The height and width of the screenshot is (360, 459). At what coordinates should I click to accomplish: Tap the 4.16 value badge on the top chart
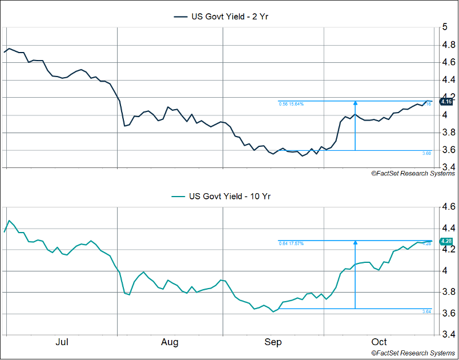pos(446,102)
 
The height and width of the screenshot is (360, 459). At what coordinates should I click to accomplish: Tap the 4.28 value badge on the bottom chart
pos(446,241)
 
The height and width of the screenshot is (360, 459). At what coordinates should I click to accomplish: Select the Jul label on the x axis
pos(62,342)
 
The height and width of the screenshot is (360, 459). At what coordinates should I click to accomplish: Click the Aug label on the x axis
pos(170,342)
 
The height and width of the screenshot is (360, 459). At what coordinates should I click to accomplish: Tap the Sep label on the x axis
pos(273,342)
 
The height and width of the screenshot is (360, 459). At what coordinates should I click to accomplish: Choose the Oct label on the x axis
pos(379,342)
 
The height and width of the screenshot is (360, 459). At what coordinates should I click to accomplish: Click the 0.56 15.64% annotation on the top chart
pos(291,104)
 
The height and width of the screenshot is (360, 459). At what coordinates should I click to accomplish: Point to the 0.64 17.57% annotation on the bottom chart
pos(291,243)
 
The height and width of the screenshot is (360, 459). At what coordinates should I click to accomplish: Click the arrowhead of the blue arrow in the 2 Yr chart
pos(355,103)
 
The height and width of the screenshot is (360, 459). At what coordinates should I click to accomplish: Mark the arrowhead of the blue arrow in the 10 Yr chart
pos(355,242)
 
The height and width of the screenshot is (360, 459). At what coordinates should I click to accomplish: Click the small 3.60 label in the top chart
pos(426,153)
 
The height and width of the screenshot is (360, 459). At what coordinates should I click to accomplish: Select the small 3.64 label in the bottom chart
pos(426,311)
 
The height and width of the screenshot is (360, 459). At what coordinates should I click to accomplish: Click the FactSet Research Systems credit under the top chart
pos(413,173)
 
